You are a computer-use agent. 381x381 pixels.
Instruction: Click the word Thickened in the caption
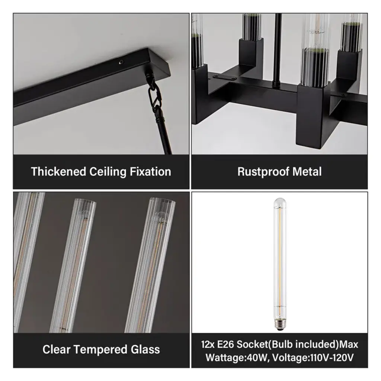pos(58,172)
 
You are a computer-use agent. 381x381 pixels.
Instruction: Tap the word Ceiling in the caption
pos(108,172)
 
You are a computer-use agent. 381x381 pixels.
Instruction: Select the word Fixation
pos(150,172)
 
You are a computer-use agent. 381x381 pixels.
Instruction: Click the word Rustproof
pos(263,172)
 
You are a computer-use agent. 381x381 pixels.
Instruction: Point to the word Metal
pos(307,172)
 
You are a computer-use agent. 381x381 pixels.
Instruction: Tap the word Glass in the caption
pos(145,349)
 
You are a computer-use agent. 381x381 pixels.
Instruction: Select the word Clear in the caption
pos(57,349)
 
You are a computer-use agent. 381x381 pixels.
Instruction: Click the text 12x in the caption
pos(208,344)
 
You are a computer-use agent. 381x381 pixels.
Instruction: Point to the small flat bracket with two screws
pos(224,77)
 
